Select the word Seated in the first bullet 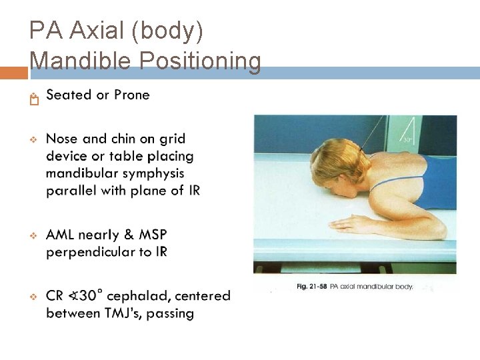69,95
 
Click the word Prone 131,95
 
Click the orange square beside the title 13,73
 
